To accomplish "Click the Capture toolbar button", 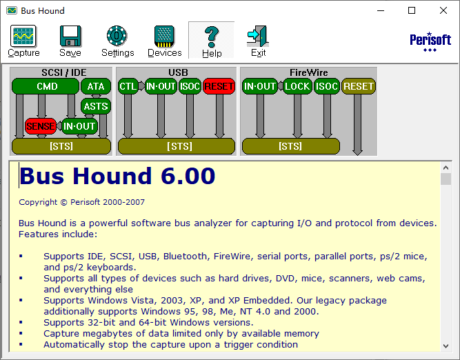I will click(23, 41).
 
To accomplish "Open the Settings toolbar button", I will click(117, 41).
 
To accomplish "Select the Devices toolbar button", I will click(165, 41).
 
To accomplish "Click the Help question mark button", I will click(212, 41).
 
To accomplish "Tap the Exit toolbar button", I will click(258, 41).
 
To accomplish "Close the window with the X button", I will click(443, 10).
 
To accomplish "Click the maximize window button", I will click(412, 10).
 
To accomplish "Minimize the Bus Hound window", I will click(380, 10).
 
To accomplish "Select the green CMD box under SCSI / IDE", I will click(47, 87).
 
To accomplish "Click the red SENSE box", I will click(41, 127).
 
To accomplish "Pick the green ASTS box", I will click(96, 106).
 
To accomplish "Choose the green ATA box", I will click(96, 87).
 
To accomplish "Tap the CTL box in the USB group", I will click(128, 87).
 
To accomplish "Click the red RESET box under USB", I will click(219, 87).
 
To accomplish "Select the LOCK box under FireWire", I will click(297, 87).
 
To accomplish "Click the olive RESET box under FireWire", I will click(359, 87).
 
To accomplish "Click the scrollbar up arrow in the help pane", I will click(446, 167).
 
